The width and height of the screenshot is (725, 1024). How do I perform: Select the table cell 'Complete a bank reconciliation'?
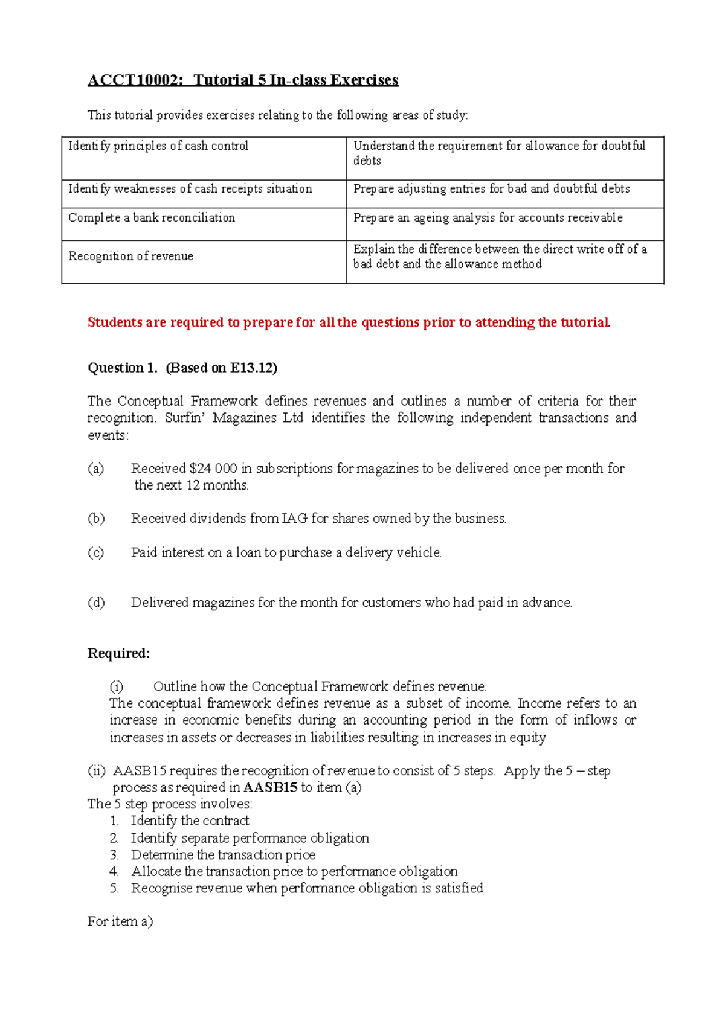(x=152, y=218)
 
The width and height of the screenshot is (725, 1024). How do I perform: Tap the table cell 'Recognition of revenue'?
(x=131, y=257)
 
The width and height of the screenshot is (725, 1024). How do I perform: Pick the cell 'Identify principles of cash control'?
(x=158, y=146)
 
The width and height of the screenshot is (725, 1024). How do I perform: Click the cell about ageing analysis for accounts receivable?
(x=488, y=218)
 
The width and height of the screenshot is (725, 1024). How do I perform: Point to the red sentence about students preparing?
(x=349, y=322)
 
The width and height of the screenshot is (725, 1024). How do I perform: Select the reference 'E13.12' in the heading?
(x=251, y=368)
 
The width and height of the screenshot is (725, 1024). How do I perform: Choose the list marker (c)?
(x=96, y=553)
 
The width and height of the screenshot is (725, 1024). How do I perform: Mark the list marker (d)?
(x=96, y=603)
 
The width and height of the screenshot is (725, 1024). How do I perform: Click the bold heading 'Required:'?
(x=118, y=653)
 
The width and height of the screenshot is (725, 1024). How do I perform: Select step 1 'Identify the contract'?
(x=190, y=821)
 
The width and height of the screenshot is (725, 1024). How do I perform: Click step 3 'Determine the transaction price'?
(x=223, y=855)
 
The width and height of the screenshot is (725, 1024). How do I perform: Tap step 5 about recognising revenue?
(x=307, y=888)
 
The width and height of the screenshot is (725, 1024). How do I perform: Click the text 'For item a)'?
(x=120, y=921)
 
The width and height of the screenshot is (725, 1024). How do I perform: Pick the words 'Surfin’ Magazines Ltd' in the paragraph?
(x=234, y=418)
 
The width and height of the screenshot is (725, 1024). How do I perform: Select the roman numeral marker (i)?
(x=116, y=686)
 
